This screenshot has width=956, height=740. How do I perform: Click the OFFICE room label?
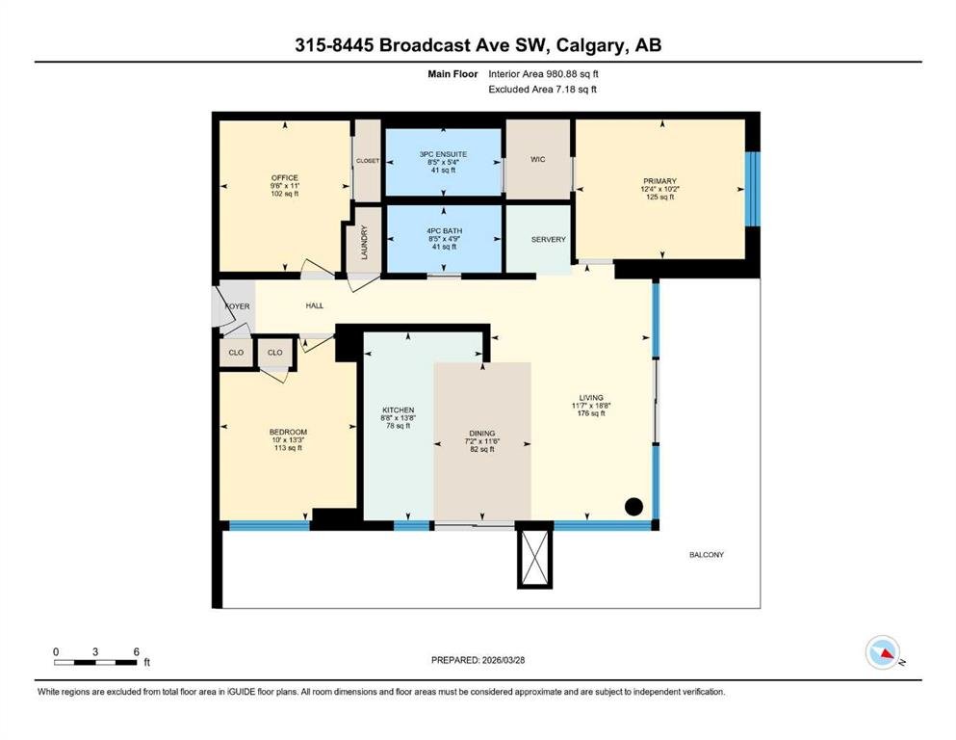coord(285,177)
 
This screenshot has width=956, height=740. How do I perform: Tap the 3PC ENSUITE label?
coord(443,154)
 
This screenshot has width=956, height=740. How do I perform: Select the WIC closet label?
coord(538,159)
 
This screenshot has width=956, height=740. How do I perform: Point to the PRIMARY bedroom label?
coord(659,181)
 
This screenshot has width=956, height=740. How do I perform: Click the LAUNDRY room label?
coord(365,242)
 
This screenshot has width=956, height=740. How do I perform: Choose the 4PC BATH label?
coord(444,230)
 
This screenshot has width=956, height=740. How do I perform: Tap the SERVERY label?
coord(548,240)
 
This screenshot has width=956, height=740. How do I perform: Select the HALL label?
coord(315,305)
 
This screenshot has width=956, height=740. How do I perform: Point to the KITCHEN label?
coord(399,410)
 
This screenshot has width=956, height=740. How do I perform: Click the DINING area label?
coord(482,434)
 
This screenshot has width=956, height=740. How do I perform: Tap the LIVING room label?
coord(591,397)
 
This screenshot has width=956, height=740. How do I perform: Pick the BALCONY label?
coord(707,555)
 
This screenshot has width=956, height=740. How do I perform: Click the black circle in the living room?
coord(634,507)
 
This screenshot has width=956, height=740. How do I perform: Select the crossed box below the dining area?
coord(534,558)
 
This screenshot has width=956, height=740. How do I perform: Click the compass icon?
coord(883,652)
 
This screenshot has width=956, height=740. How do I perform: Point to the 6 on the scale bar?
coord(137,651)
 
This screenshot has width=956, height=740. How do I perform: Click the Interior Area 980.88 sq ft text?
coord(543,74)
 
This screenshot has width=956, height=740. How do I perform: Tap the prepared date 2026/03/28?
coord(503,660)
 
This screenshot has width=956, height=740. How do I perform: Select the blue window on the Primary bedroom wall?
coord(753,189)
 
